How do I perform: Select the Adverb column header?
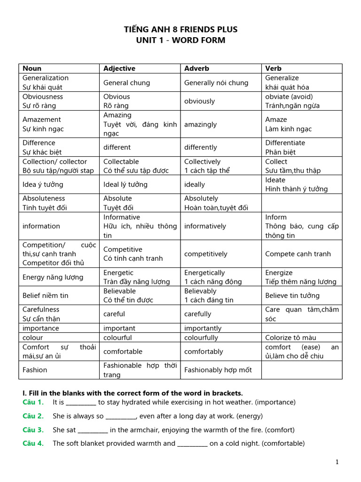coord(196,68)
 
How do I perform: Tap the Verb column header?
coord(274,68)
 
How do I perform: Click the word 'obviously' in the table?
coord(199,101)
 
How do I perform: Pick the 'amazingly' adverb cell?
coord(200,124)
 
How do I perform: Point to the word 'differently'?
coord(200,147)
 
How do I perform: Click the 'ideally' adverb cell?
coord(195,185)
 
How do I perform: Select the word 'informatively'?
coord(205,226)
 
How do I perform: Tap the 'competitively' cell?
coord(206,254)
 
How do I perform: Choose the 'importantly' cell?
coord(203,328)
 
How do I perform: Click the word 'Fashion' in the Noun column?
coord(35,370)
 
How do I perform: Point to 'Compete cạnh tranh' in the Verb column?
coord(298,254)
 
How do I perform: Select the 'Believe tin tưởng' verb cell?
coord(292,296)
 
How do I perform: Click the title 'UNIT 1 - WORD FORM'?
coord(180,40)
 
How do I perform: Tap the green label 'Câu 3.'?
coord(33,430)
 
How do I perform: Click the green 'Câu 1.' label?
coord(33,402)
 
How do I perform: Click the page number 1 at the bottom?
coord(337,462)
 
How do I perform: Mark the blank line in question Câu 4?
coord(192,444)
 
